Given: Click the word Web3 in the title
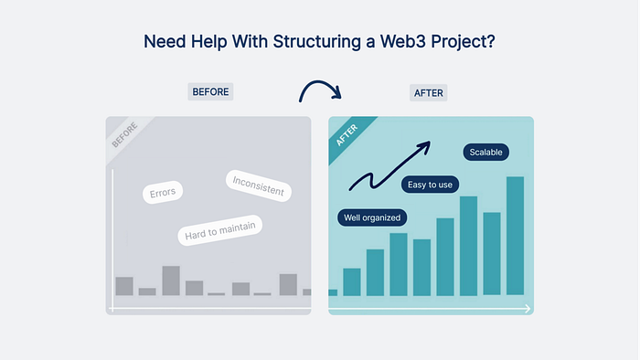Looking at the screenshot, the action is (403, 41).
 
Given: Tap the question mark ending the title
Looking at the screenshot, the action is (491, 41).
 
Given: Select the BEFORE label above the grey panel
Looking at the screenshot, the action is (210, 91).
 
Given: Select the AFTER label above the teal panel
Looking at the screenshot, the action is (428, 93).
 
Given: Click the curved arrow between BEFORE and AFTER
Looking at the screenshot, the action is (320, 83).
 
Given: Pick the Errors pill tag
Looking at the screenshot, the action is (163, 193).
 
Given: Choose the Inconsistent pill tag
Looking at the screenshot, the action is (259, 185).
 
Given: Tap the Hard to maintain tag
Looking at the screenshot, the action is (220, 230).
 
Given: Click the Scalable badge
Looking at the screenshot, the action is (485, 152).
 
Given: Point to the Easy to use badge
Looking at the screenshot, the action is (431, 185).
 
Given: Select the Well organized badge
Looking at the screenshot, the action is (372, 217).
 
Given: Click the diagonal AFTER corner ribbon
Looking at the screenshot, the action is (349, 137).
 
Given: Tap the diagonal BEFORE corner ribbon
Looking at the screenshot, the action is (126, 137).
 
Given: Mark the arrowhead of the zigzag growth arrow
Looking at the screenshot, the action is (426, 146).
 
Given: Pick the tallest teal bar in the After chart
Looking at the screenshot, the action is (515, 236).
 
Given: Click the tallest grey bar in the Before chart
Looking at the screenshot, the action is (171, 281).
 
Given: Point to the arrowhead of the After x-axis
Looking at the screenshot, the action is (528, 309).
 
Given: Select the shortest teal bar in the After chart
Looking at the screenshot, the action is (333, 292).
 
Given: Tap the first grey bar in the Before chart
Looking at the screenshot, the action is (124, 286).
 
